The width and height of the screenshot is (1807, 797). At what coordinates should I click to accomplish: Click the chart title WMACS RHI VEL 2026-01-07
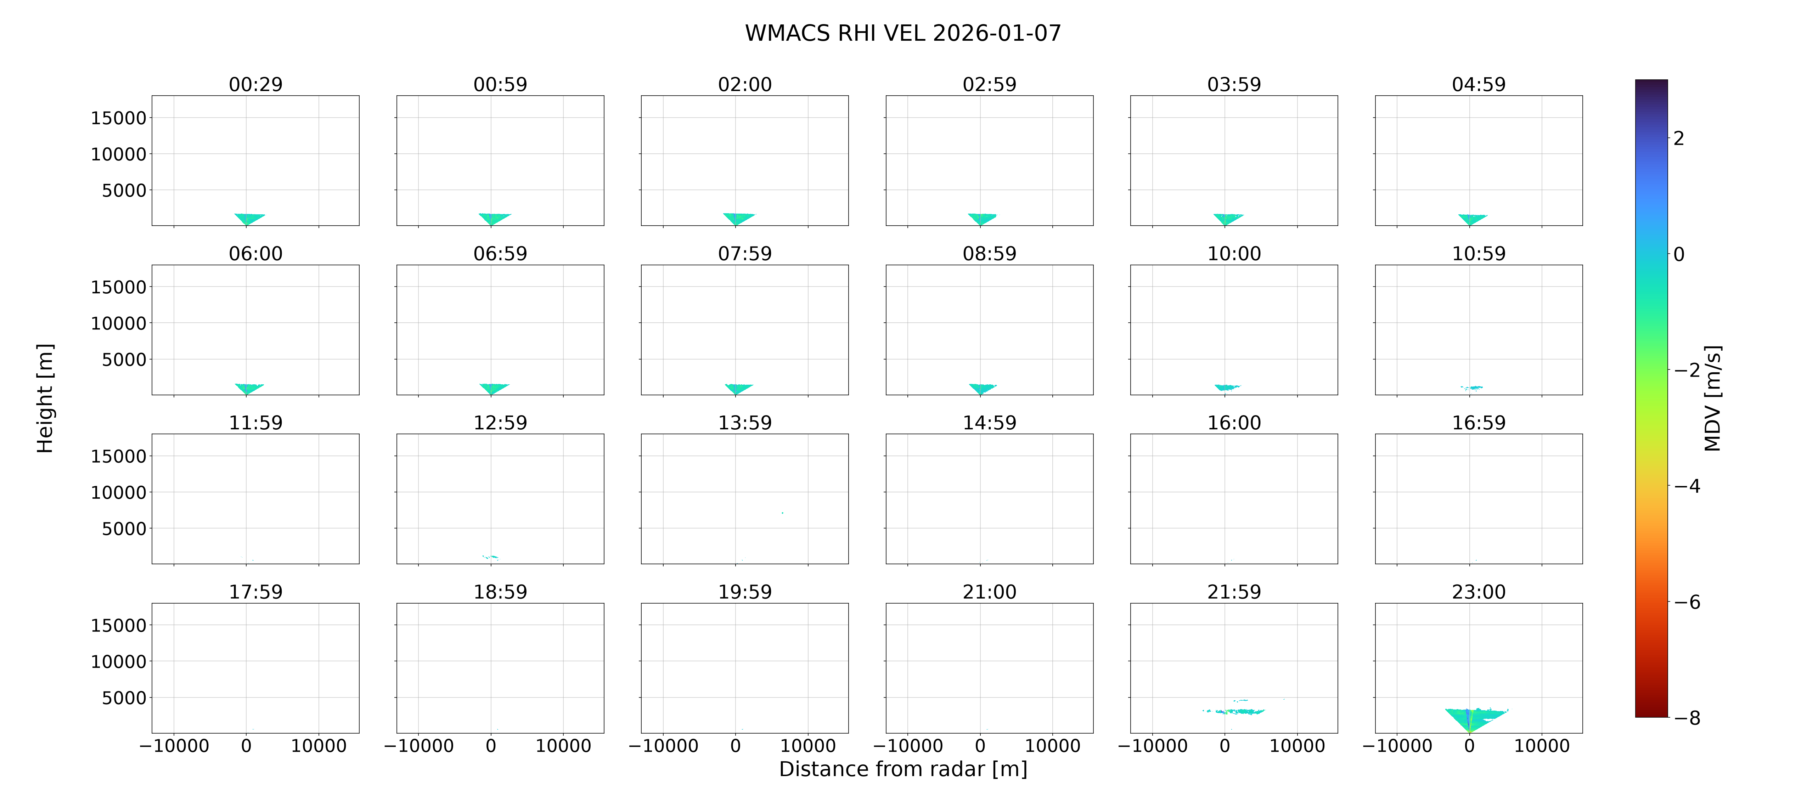click(903, 33)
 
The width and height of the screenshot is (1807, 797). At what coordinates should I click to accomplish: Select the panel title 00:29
click(255, 84)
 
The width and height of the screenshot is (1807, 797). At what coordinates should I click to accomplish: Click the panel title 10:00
click(1234, 253)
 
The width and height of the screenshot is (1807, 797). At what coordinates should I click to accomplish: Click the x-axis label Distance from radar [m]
click(903, 769)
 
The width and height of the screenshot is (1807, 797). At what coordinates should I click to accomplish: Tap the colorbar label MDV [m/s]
click(1712, 398)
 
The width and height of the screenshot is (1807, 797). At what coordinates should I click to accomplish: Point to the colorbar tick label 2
click(1679, 138)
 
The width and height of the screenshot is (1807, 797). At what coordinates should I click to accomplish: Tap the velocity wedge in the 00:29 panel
click(248, 218)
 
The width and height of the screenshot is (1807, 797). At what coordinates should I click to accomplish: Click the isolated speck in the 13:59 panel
click(782, 513)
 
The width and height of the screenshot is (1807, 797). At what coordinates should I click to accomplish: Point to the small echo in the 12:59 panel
click(490, 556)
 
